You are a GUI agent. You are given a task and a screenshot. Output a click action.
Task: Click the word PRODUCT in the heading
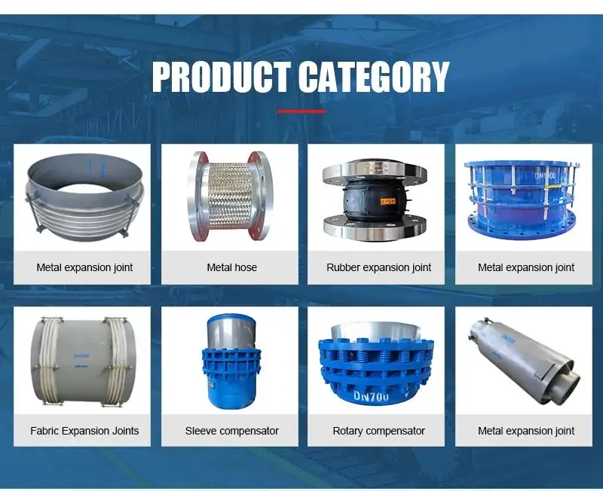(x=221, y=77)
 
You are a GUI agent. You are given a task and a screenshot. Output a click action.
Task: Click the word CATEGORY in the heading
(x=374, y=77)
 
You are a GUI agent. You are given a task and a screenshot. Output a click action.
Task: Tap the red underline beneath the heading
(x=301, y=111)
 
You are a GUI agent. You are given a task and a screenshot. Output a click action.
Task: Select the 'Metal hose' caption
(x=232, y=267)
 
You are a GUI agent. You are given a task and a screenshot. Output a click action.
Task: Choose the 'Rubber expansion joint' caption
(x=379, y=267)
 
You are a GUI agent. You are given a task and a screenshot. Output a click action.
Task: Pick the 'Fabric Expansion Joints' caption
(x=84, y=431)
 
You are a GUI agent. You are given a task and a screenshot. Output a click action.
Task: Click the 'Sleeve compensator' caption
(x=232, y=431)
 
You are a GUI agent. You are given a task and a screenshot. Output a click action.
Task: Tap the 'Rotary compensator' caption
(x=379, y=431)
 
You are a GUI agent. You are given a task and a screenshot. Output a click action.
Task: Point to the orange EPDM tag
(x=387, y=201)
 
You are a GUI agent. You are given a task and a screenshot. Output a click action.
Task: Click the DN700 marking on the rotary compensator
(x=371, y=395)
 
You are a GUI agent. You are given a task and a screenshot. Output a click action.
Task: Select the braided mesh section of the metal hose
(x=230, y=195)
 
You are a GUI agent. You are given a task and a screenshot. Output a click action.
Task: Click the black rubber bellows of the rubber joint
(x=374, y=200)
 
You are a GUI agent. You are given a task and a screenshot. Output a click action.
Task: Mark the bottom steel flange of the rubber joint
(x=375, y=228)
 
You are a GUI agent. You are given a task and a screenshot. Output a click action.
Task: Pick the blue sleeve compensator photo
(x=231, y=362)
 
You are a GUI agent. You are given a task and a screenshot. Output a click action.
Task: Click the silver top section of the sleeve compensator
(x=231, y=331)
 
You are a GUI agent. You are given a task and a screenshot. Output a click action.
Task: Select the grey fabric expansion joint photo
(x=83, y=361)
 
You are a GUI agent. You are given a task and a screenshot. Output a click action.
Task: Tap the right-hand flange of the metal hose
(x=262, y=196)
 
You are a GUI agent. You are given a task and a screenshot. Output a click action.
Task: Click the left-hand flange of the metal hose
(x=198, y=196)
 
